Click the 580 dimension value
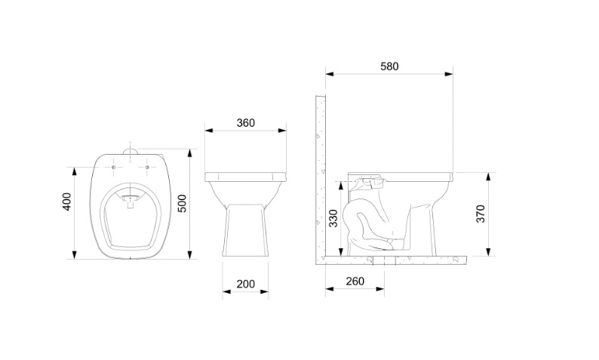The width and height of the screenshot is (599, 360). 389,66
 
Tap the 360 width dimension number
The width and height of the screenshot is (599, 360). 245,123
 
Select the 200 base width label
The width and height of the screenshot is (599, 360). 245,285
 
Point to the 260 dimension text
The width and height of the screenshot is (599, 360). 355,282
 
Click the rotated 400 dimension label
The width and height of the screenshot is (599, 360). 66,202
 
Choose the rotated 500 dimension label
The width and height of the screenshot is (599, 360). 183,203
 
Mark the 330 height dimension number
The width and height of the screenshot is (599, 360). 333,218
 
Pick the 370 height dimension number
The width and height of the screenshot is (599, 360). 481,214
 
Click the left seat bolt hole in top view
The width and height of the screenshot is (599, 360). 113,168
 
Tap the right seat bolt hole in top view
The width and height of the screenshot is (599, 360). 147,168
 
